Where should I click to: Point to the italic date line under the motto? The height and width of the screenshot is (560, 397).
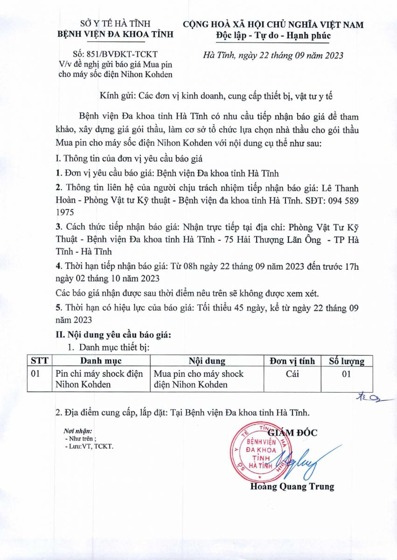pyautogui.click(x=274, y=56)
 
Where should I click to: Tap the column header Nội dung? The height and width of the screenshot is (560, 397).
pyautogui.click(x=207, y=361)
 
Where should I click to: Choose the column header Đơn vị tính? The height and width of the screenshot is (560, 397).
pyautogui.click(x=293, y=361)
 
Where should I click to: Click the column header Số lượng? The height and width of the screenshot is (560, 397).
pyautogui.click(x=347, y=361)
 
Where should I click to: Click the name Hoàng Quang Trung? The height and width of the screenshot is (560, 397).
pyautogui.click(x=292, y=486)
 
